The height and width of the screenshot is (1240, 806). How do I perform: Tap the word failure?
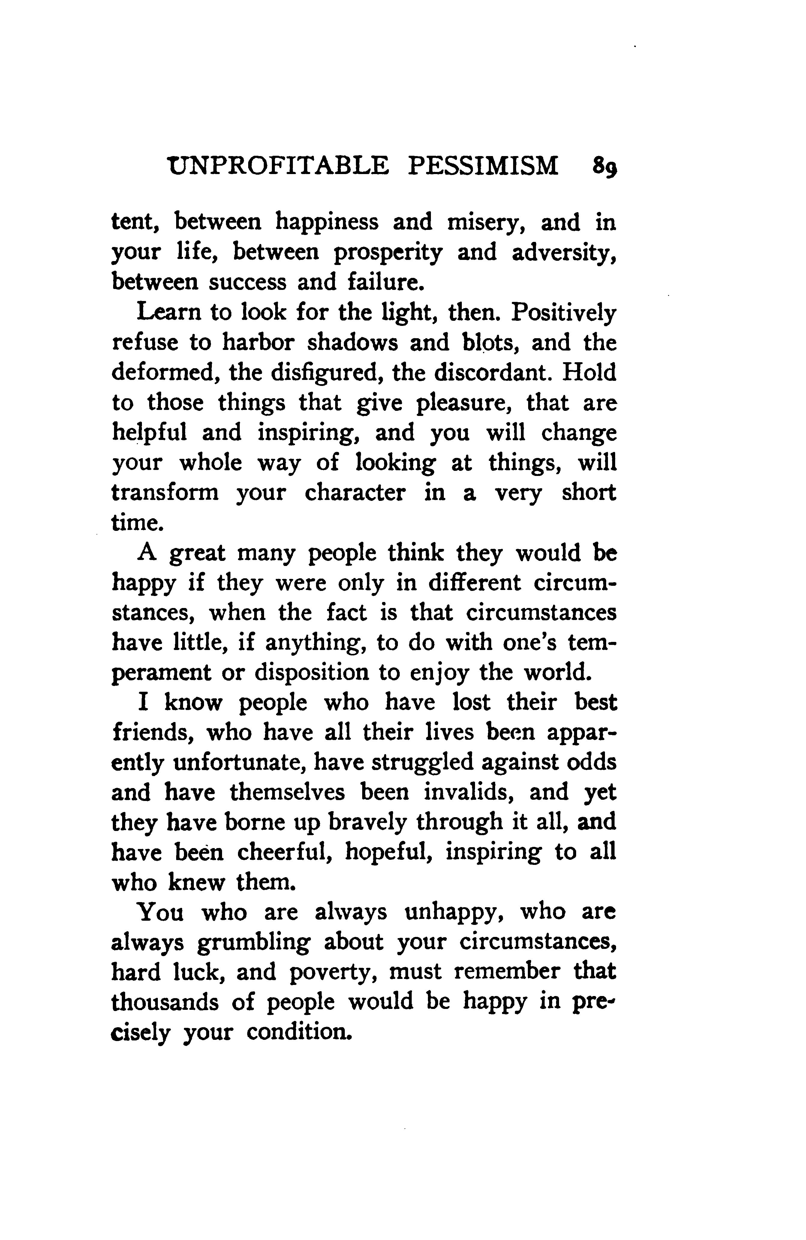[383, 282]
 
